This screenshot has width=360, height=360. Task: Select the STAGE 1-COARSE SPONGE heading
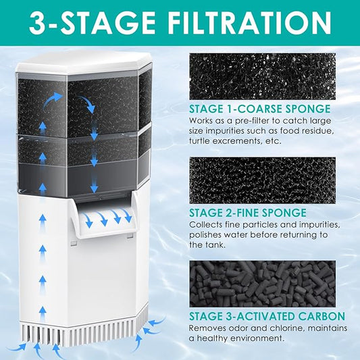tap(260, 109)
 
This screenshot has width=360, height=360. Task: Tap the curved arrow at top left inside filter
tap(52, 99)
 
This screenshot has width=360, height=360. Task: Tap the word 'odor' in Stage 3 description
tap(236, 328)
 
